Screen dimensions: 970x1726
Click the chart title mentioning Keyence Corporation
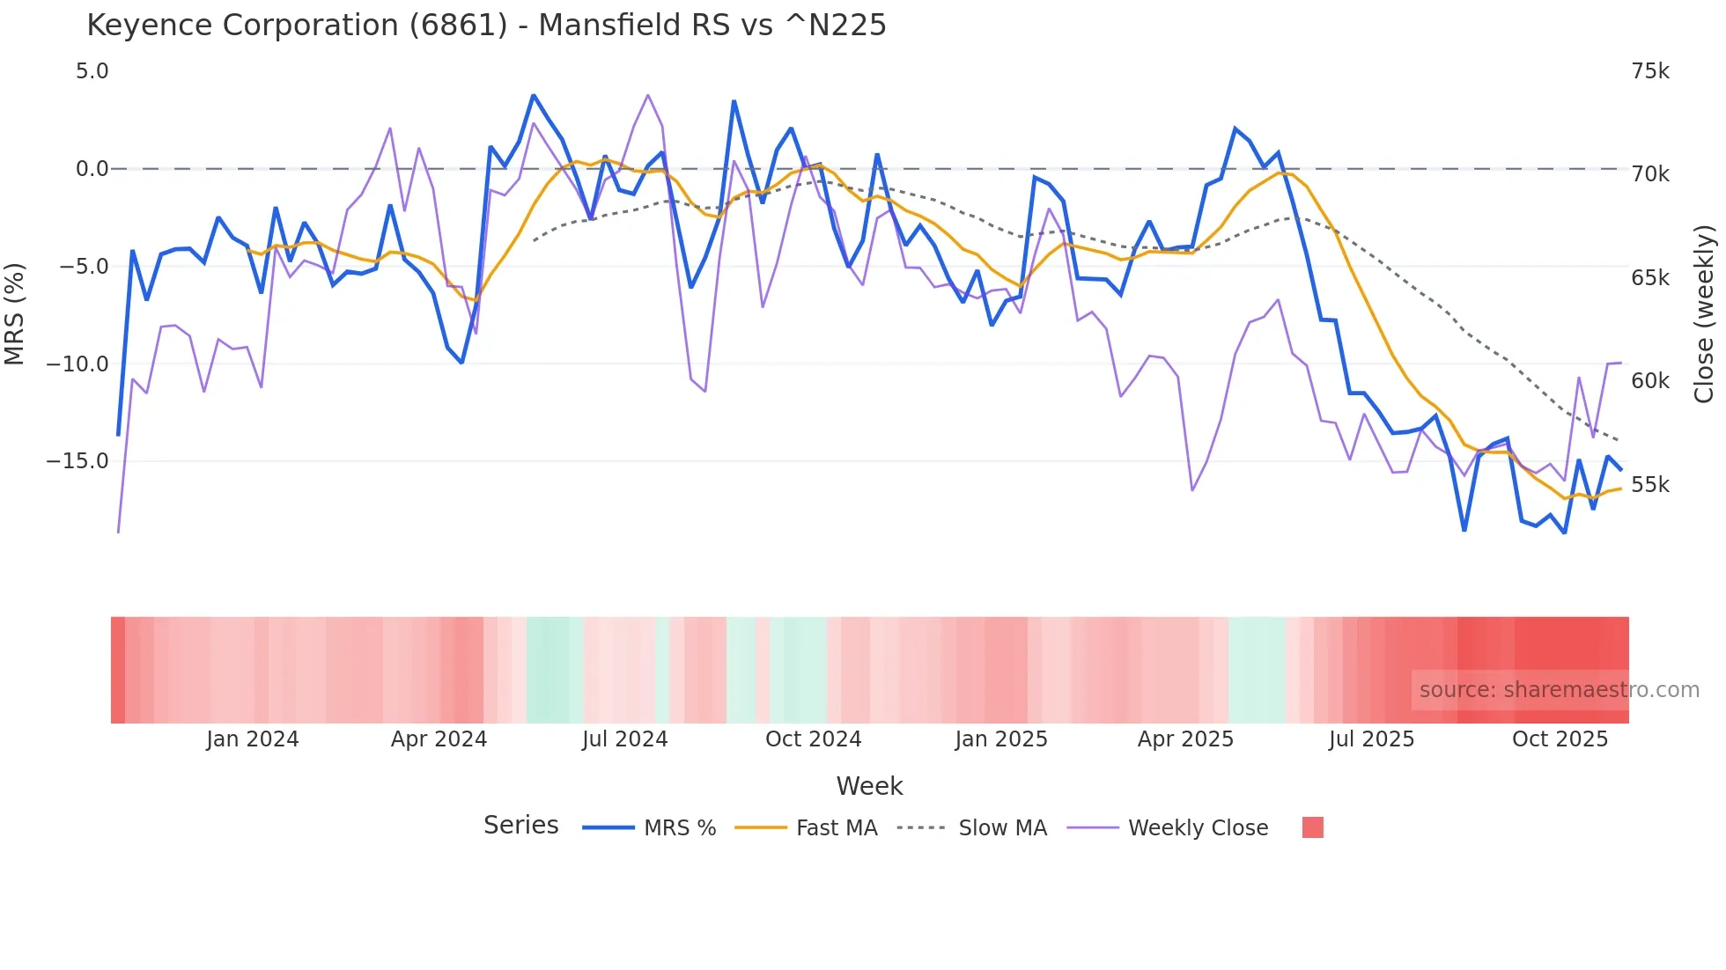point(486,26)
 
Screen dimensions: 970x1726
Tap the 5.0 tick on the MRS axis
point(92,71)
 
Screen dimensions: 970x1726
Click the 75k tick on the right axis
point(1649,71)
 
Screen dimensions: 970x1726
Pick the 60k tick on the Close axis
point(1649,381)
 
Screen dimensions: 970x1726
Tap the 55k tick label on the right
point(1649,485)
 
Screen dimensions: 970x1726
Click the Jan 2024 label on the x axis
point(253,739)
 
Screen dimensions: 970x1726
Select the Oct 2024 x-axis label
point(813,739)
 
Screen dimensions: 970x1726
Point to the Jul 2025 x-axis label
point(1371,739)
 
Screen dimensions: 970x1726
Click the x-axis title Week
point(869,786)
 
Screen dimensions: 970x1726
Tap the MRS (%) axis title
point(15,313)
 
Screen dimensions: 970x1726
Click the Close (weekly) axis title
point(1704,313)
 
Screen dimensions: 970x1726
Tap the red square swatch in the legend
point(1312,827)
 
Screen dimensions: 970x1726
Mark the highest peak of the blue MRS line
point(534,96)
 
